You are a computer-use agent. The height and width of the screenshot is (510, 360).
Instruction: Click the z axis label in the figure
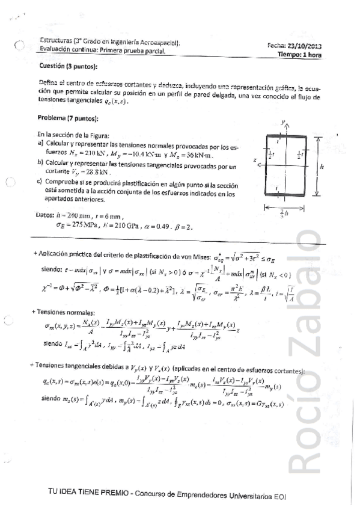point(255,161)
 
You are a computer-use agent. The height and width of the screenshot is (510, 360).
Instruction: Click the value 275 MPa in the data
point(75,226)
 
